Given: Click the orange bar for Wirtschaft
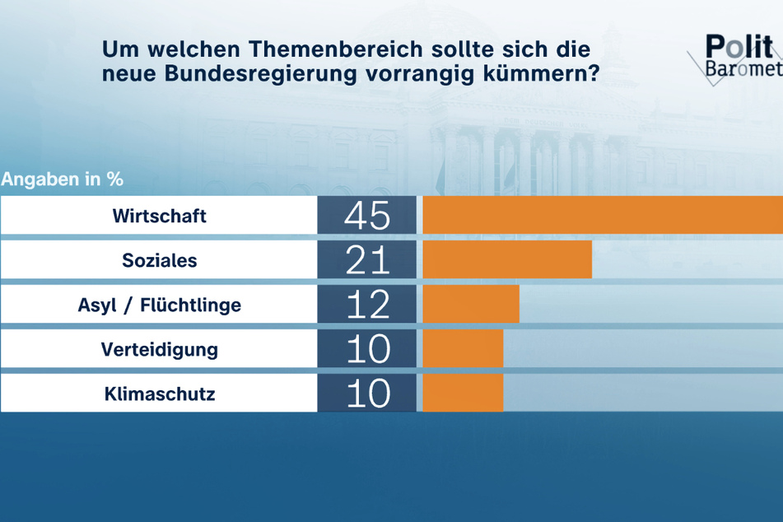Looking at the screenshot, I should tap(602, 217).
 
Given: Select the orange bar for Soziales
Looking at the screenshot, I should tap(507, 261).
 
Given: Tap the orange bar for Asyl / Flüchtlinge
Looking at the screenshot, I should tap(471, 305).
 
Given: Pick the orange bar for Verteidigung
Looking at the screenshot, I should tap(463, 349).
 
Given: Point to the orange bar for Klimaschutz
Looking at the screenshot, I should tap(463, 394).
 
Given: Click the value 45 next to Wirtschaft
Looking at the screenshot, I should tap(367, 217).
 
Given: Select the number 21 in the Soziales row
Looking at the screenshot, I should tap(367, 261).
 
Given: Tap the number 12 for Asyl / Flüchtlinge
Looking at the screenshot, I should tap(367, 305).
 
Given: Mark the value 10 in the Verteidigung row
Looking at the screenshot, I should tap(367, 349).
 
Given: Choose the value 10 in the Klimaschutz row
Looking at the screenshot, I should tap(367, 394).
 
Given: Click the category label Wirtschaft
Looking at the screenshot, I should tap(159, 217).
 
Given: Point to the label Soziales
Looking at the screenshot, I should tap(159, 261).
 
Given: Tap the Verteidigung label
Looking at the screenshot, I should tap(159, 349).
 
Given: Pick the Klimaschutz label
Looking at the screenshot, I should tap(159, 394).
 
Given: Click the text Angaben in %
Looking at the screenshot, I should tap(63, 179).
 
